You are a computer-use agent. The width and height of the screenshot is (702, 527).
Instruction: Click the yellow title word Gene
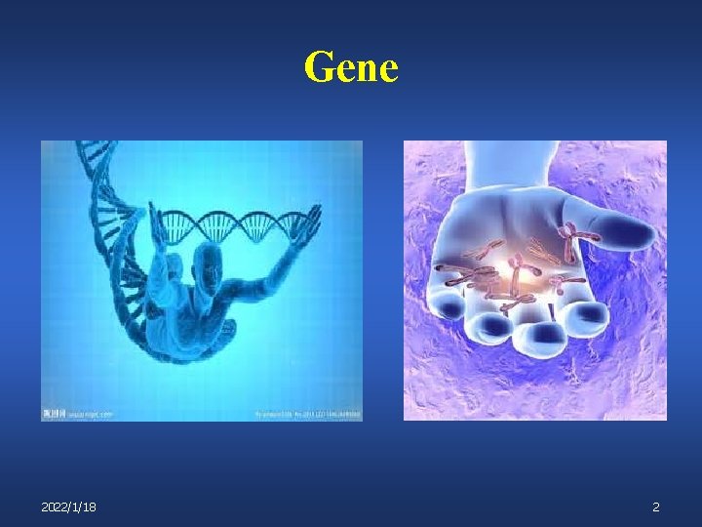pyautogui.click(x=351, y=68)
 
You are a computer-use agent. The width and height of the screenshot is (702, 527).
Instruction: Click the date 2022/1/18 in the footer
pyautogui.click(x=68, y=507)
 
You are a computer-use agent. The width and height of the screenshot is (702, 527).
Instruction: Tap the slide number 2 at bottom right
pyautogui.click(x=656, y=507)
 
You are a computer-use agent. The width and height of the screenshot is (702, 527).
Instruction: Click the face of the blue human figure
pyautogui.click(x=207, y=262)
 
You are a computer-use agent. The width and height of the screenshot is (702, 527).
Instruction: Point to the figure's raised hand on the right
pyautogui.click(x=311, y=222)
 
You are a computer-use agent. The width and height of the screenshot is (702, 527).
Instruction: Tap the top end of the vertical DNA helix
pyautogui.click(x=93, y=149)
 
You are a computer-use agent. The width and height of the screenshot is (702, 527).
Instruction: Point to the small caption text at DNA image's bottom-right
pyautogui.click(x=307, y=414)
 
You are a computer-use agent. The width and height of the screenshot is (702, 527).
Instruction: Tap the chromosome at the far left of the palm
pyautogui.click(x=458, y=277)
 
